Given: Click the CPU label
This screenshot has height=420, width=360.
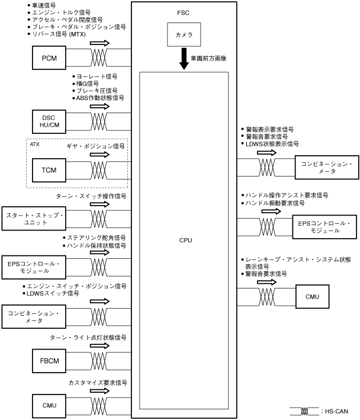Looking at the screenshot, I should (185, 240).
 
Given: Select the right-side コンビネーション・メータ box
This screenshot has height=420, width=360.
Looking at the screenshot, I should (326, 167).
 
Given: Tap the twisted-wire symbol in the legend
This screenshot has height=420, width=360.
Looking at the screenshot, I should (303, 411).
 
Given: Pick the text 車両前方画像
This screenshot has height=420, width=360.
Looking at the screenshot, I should (208, 58).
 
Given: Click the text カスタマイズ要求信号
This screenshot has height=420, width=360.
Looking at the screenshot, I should (97, 383).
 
